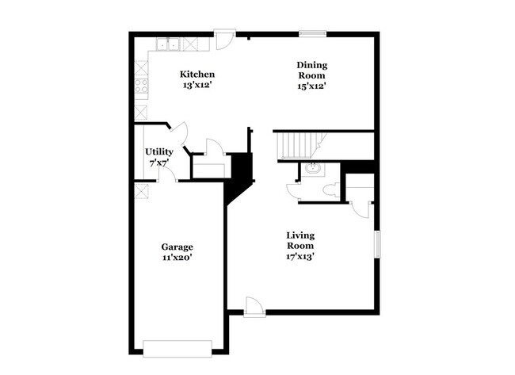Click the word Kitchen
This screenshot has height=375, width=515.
point(197,75)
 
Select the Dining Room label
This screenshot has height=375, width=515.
point(311,70)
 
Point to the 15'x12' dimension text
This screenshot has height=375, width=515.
point(311,86)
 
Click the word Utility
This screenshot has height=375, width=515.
point(158,151)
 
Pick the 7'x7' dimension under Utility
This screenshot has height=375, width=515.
point(158,163)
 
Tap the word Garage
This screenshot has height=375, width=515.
point(177,247)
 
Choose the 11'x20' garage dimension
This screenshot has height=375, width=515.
point(177,258)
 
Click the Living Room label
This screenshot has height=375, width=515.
point(300,239)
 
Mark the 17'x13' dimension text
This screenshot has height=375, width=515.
point(300,256)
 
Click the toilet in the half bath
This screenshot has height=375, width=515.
point(331,190)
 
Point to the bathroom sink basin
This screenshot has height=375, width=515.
point(312,169)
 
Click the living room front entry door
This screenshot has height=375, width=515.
point(254,307)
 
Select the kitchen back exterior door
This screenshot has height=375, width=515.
point(226,37)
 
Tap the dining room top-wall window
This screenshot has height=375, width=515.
point(312,34)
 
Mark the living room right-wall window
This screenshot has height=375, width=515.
point(377,243)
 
